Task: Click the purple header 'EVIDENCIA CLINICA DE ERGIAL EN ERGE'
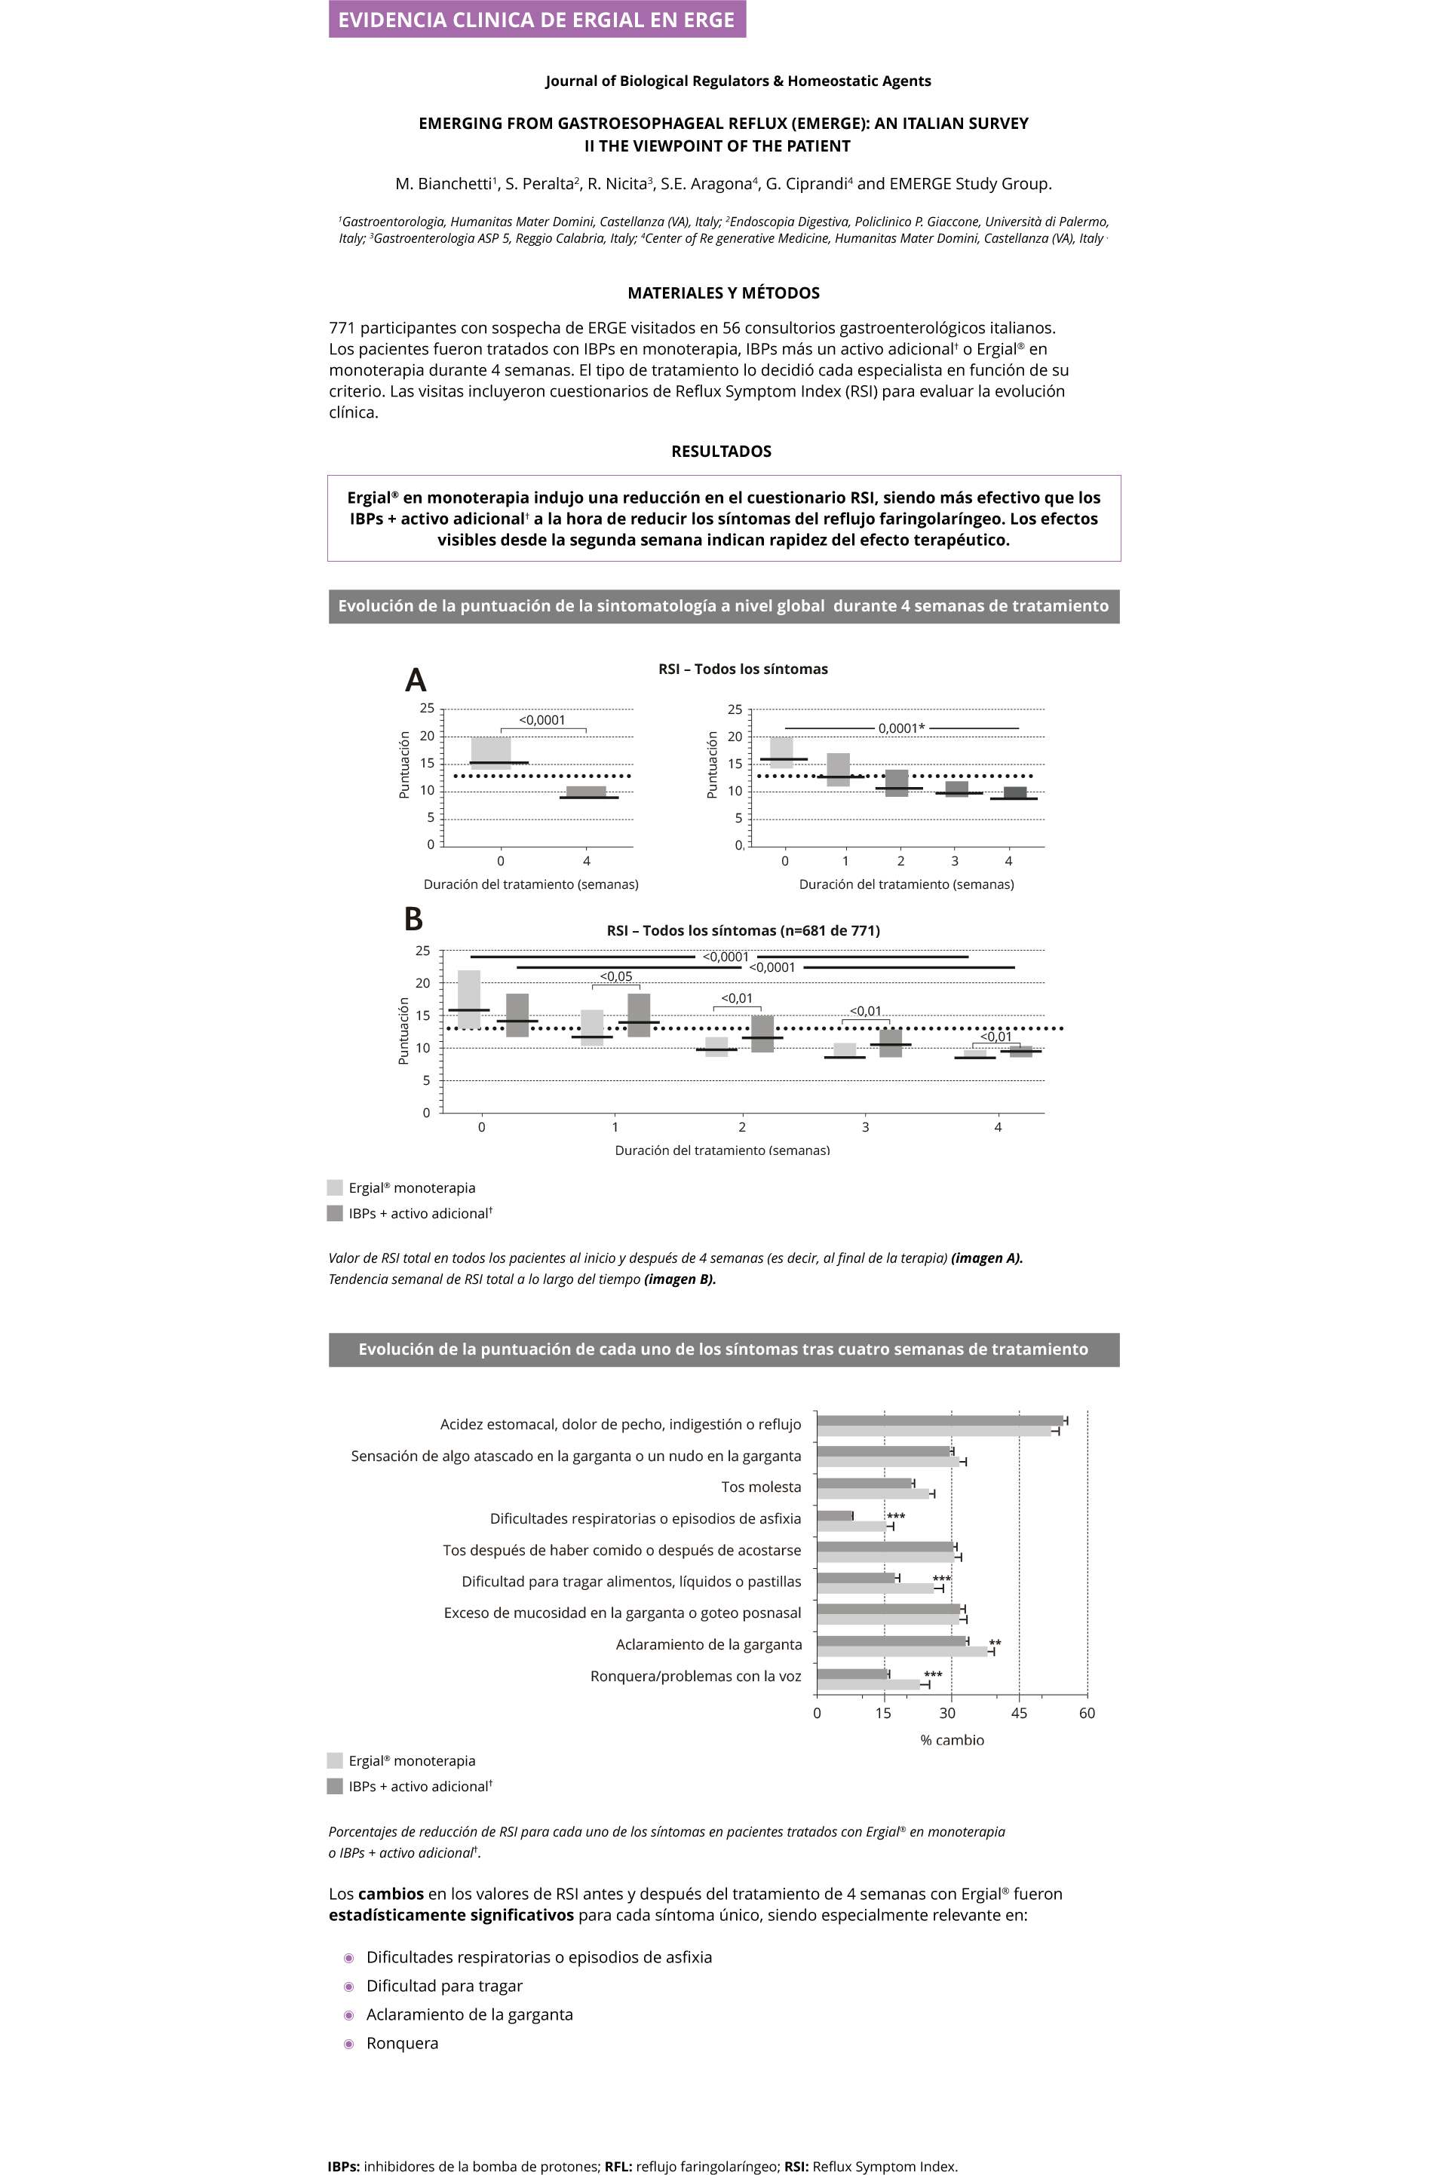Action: click(536, 20)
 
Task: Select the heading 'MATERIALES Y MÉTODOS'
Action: click(723, 293)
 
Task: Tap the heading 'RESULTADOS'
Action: click(721, 452)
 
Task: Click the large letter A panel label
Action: click(416, 680)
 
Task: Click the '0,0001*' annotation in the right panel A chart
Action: click(901, 728)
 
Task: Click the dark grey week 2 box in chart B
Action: click(762, 1034)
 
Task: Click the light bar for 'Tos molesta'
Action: click(873, 1493)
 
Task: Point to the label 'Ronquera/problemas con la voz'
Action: click(695, 1677)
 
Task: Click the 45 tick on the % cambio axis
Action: click(1019, 1714)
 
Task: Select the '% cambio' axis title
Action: click(952, 1740)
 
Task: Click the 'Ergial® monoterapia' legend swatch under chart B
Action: click(335, 1187)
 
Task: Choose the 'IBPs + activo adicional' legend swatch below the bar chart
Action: click(335, 1786)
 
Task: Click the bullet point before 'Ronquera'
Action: click(349, 2044)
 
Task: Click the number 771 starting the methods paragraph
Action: click(342, 328)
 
